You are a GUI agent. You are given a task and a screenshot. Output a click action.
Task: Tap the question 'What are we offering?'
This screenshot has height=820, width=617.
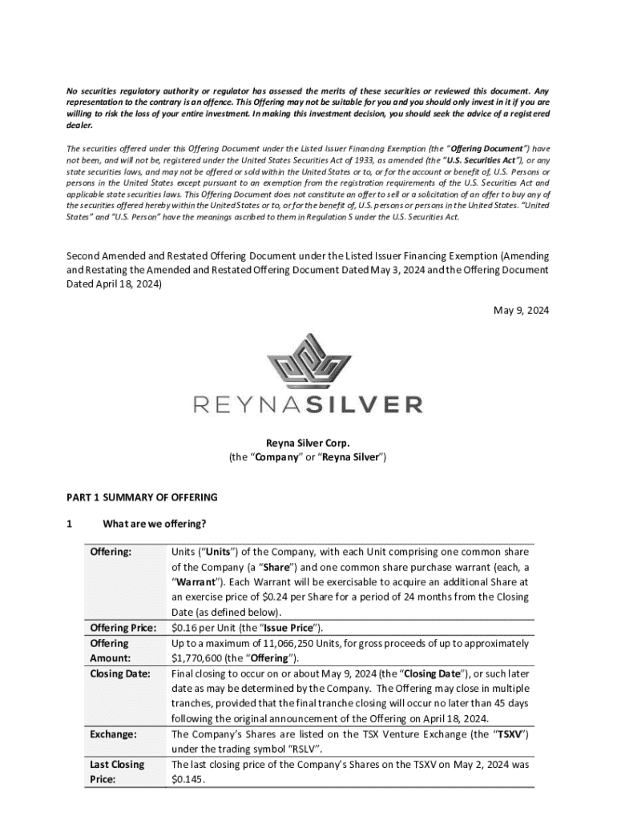point(155,525)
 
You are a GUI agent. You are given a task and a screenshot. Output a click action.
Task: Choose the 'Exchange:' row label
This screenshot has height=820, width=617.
point(114,734)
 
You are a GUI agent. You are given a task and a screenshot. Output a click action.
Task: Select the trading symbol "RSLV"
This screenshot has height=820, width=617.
point(306,749)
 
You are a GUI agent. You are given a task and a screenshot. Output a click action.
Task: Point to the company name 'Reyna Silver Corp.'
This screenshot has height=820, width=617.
point(308,443)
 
